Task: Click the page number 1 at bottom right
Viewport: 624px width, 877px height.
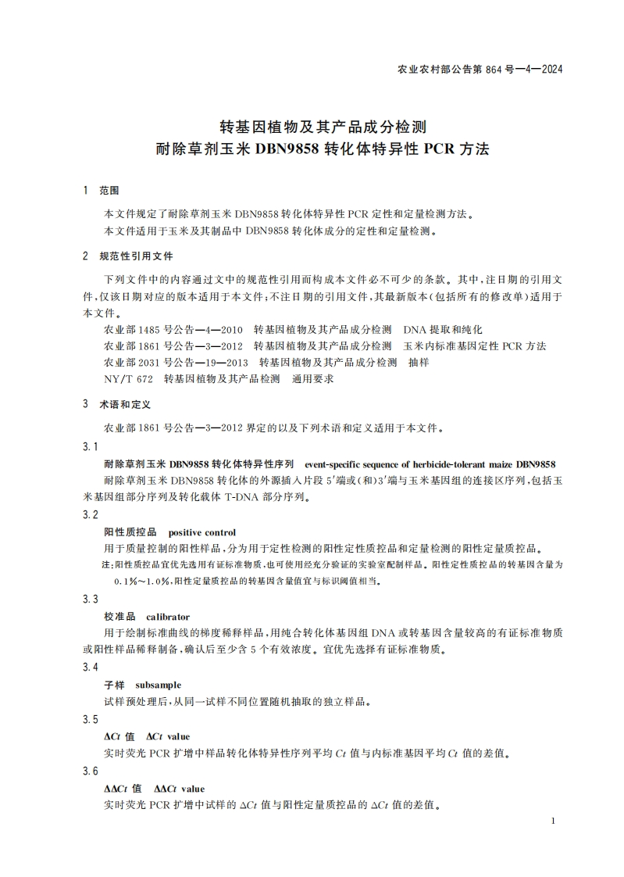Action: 552,821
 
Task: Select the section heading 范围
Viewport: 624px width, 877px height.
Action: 109,191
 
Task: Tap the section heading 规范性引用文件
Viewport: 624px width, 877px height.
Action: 136,256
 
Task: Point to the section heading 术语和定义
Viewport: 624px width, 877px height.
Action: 125,405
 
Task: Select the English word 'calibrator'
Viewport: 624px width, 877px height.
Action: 168,617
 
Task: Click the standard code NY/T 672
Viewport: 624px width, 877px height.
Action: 128,379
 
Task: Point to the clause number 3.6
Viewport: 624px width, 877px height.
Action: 91,771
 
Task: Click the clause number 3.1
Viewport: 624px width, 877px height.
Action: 91,446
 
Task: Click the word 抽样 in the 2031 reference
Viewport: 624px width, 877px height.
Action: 419,363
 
